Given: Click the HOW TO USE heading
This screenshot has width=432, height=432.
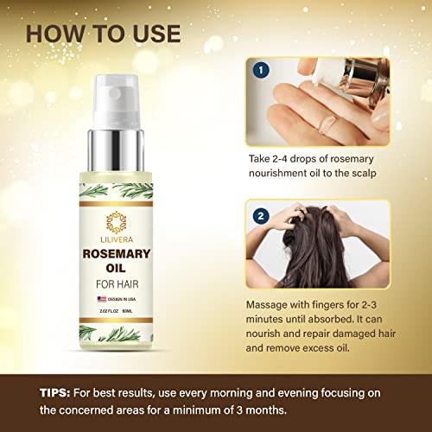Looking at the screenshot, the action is [104, 34].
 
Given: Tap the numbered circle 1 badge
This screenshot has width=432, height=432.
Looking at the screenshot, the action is [261, 70].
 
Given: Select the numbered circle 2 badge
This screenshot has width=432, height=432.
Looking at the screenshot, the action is [261, 216].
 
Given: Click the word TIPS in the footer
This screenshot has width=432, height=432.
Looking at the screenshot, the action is [54, 393].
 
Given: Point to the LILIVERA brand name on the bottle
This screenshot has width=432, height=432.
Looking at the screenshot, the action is [117, 239].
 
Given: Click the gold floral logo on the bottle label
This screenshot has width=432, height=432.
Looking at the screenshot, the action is [117, 222].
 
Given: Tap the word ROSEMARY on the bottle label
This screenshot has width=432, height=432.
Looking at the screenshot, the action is [117, 254].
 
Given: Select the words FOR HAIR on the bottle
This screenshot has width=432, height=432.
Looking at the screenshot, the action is [118, 284].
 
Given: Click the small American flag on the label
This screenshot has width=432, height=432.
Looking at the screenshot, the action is [102, 299].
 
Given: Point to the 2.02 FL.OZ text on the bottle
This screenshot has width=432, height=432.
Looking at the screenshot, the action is [109, 311].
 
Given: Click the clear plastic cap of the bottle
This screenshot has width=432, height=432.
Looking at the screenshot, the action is [117, 102].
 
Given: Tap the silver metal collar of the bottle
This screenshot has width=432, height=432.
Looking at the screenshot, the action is [116, 150].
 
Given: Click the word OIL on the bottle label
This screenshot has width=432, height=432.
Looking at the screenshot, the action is [116, 268].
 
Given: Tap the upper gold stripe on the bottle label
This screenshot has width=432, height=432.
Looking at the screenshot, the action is [116, 204].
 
